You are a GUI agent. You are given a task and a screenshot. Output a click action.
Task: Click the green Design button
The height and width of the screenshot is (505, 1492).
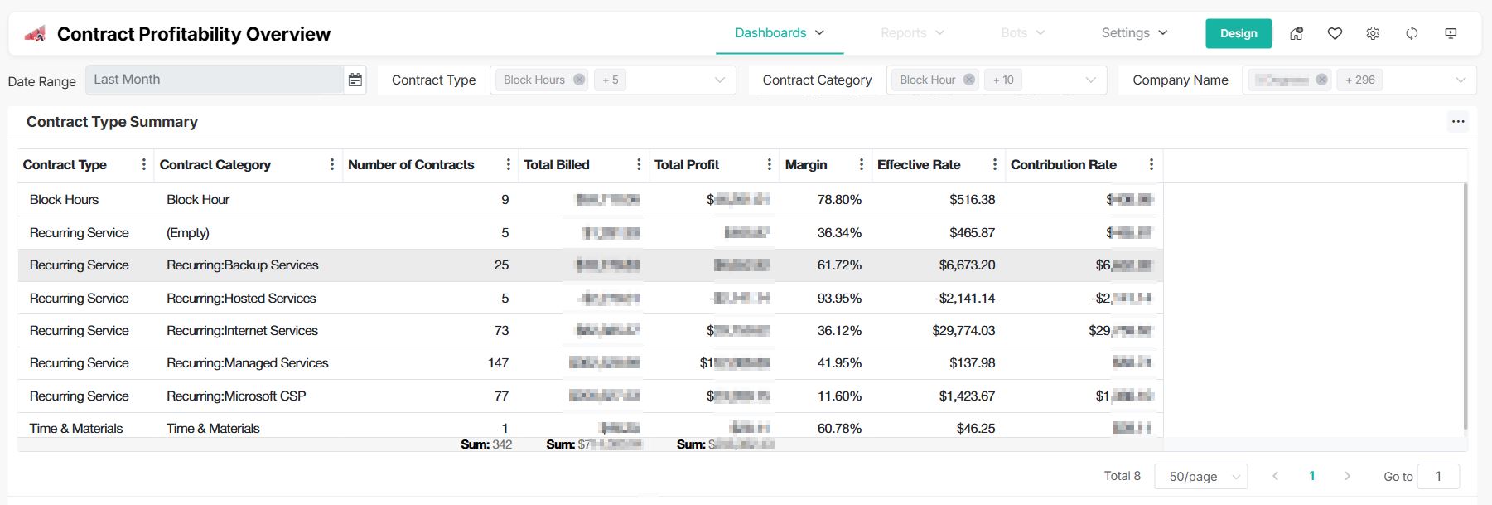[x=1238, y=33]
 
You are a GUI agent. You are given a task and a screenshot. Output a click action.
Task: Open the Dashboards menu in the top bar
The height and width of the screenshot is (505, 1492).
[x=779, y=33]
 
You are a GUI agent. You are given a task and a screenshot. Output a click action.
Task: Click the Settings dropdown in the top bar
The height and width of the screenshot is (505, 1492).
[x=1133, y=33]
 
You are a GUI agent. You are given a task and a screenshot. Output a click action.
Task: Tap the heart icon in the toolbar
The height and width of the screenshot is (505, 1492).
[x=1335, y=33]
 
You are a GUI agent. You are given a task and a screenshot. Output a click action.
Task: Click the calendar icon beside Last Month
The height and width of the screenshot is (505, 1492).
[x=355, y=80]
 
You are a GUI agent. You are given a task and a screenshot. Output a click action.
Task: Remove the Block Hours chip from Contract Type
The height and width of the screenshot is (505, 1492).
[x=579, y=80]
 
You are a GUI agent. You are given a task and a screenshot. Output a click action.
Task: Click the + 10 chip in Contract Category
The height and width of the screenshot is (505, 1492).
[x=1002, y=80]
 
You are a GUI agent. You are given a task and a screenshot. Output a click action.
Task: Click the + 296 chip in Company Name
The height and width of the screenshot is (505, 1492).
[x=1359, y=80]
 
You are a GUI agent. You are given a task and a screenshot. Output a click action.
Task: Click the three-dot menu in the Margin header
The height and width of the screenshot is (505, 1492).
[x=861, y=164]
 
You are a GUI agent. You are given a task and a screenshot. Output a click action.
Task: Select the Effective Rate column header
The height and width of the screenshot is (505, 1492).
[x=919, y=164]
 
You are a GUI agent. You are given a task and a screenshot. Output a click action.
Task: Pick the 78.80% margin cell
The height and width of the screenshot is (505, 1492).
[x=839, y=199]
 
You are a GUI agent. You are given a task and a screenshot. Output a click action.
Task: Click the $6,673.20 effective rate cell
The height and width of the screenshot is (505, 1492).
[x=967, y=265]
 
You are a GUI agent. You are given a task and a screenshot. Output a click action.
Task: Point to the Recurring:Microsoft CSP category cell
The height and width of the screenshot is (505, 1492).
[x=236, y=396]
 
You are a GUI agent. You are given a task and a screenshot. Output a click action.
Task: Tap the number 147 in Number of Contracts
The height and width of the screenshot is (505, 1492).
[x=498, y=363]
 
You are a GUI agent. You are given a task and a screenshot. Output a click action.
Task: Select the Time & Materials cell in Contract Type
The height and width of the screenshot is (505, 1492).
[x=76, y=428]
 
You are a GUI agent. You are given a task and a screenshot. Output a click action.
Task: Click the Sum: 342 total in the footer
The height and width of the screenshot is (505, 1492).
[x=486, y=444]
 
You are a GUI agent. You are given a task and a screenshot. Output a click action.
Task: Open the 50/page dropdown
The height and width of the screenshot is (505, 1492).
[x=1200, y=476]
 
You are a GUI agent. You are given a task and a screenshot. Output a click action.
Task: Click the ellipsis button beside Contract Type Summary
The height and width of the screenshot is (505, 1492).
[x=1458, y=122]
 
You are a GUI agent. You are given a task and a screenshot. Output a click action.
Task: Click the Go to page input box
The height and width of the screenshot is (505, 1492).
[x=1437, y=476]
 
